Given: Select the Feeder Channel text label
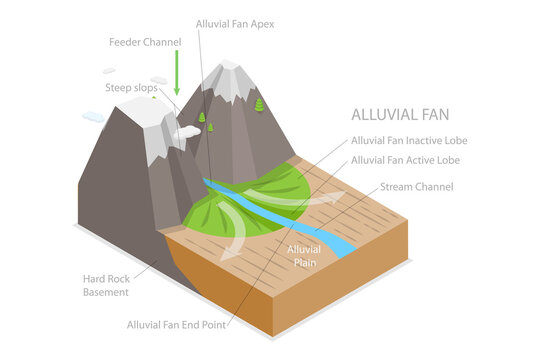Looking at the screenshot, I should click(x=145, y=42).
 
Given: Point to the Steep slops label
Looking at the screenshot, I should click(x=131, y=88).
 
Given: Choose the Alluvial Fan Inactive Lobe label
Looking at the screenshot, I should click(x=409, y=141).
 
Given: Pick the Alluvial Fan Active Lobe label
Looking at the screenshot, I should click(x=404, y=160).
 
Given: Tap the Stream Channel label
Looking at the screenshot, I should click(x=417, y=187).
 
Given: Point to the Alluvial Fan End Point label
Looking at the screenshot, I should click(x=177, y=324).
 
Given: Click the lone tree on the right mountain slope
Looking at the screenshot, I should click(x=259, y=104).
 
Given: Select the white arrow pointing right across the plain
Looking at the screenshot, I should click(x=320, y=196).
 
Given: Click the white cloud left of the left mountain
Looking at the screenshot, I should click(x=92, y=117).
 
